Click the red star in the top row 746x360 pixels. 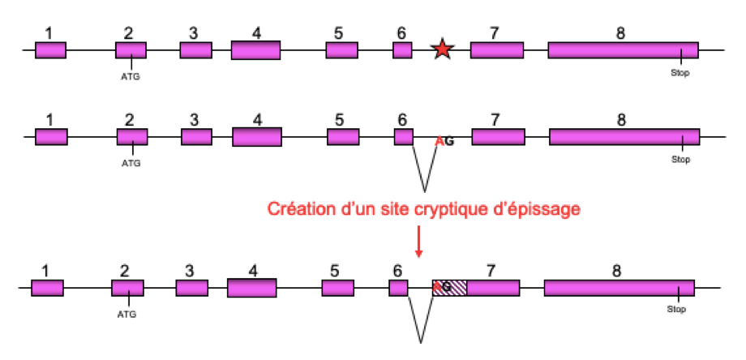[x=441, y=50]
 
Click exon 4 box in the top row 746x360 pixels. [x=255, y=50]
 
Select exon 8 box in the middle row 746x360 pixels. [x=624, y=137]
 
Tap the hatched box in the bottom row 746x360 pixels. [x=450, y=288]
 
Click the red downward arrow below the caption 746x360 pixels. [x=418, y=240]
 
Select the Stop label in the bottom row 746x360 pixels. [x=676, y=310]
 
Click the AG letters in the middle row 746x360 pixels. [x=444, y=141]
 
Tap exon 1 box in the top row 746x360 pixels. [x=50, y=50]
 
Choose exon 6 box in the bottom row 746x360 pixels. [x=398, y=288]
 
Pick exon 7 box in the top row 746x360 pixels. [x=496, y=50]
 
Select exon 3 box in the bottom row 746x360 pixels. [x=191, y=288]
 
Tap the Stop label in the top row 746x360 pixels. [x=680, y=73]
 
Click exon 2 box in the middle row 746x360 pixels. [x=131, y=137]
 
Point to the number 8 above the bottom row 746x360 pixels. [x=617, y=271]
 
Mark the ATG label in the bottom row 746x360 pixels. [x=126, y=313]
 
